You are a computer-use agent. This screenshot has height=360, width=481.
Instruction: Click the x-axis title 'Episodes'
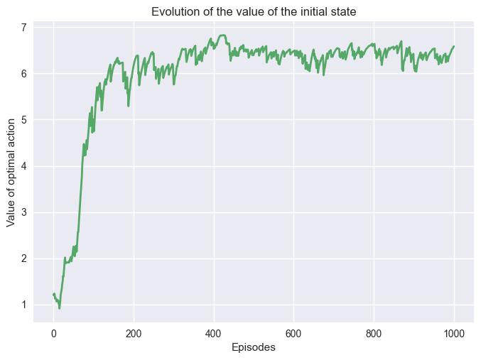click(254, 347)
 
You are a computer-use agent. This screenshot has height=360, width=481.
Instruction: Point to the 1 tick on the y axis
click(24, 305)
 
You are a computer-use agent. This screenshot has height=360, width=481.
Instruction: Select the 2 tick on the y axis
click(24, 258)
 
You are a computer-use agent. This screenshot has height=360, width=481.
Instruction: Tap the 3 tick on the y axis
click(24, 212)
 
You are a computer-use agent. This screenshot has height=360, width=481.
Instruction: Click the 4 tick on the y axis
click(24, 166)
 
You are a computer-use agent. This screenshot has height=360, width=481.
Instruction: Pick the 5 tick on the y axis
click(24, 120)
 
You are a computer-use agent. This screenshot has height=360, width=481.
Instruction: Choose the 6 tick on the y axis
click(24, 74)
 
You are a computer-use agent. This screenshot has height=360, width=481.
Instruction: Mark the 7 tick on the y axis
click(24, 28)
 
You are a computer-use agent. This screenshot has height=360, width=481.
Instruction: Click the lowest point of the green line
click(60, 308)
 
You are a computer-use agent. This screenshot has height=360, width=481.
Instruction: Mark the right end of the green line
click(454, 46)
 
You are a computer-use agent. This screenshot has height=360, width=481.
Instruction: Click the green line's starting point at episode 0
click(53, 294)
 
